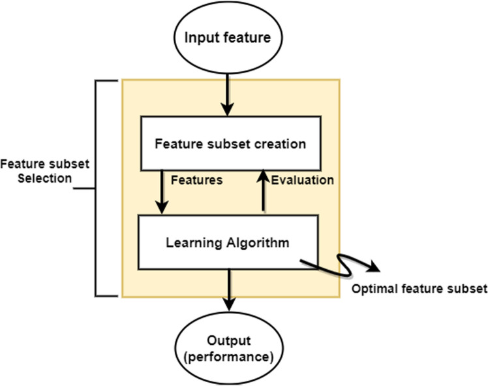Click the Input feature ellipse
[x=227, y=37]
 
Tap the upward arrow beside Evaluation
[x=262, y=189]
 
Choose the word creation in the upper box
[x=282, y=143]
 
